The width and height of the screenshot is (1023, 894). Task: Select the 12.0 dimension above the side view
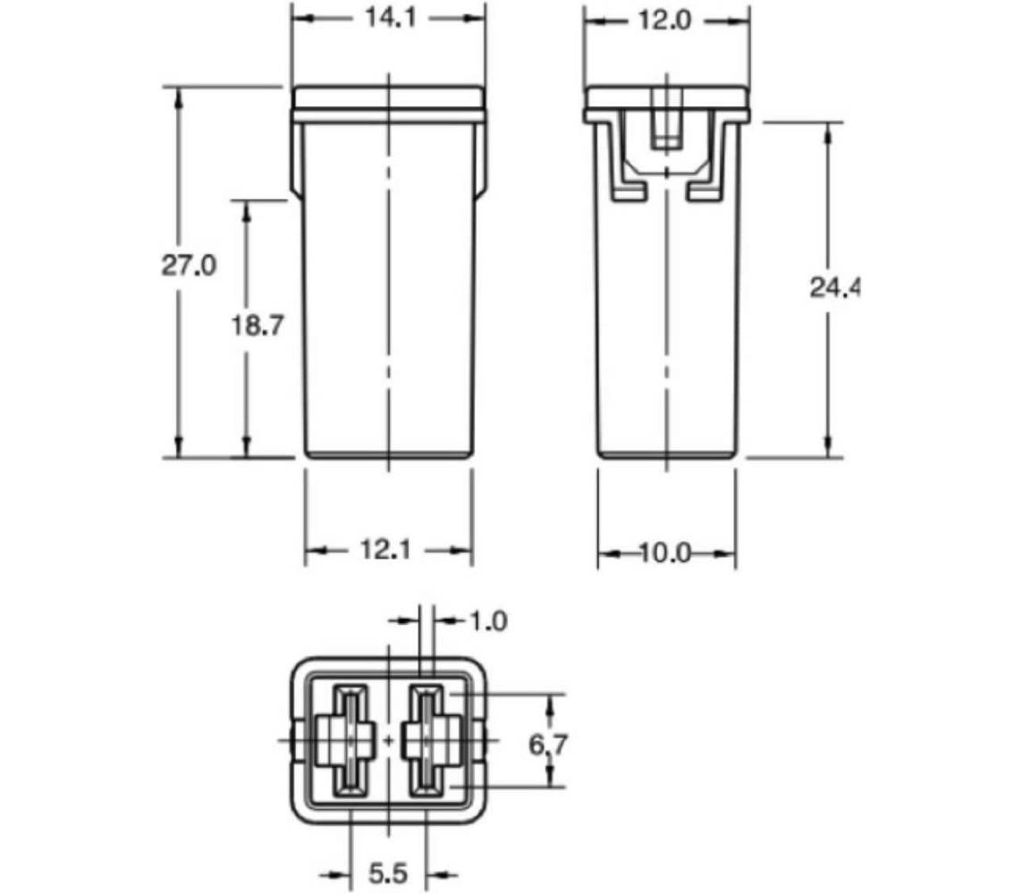click(x=664, y=20)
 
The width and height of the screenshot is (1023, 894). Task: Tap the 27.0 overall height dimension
click(x=189, y=266)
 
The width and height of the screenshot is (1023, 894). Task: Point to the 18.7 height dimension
click(x=258, y=326)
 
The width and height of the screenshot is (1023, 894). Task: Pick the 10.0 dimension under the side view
click(x=665, y=554)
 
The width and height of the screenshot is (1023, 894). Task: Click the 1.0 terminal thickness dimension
click(x=487, y=620)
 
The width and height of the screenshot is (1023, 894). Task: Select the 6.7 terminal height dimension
click(x=549, y=742)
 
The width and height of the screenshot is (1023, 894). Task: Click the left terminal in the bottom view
click(x=350, y=740)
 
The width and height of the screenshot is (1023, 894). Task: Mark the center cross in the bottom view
click(x=389, y=740)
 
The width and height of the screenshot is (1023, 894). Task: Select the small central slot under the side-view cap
click(x=665, y=125)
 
